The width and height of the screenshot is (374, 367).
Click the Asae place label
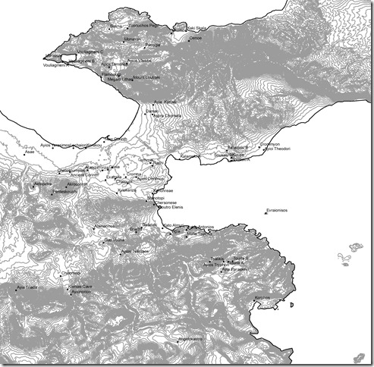click(30, 152)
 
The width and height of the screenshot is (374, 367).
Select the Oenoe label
click(195, 36)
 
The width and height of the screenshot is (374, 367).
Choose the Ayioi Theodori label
click(278, 149)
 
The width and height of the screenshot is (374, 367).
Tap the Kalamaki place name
click(190, 156)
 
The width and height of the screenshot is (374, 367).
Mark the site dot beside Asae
click(39, 156)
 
